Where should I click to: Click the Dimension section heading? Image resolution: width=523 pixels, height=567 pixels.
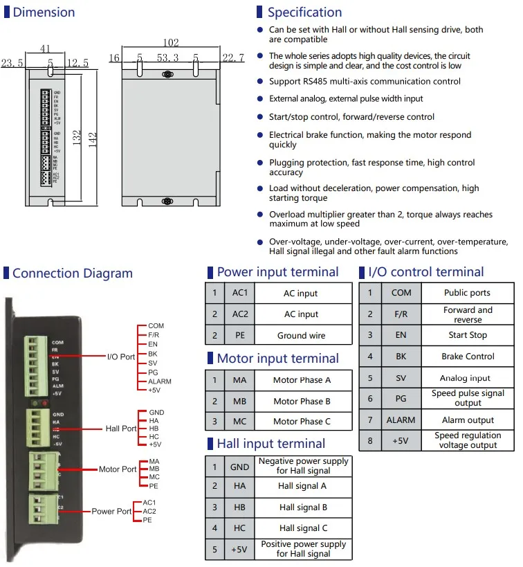pos(44,12)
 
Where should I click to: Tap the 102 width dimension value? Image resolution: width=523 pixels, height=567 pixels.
pos(171,43)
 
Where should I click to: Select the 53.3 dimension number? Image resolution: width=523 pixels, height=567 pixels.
pos(167,58)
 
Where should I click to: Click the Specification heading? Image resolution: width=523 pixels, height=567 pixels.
pos(304,12)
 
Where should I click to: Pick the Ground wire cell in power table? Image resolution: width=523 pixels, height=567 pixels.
pos(301,336)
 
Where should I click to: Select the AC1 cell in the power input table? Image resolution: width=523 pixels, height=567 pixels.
pos(240,293)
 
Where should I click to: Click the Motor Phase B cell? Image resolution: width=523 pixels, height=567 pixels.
pos(302,401)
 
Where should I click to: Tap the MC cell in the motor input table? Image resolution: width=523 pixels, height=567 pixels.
pos(240,421)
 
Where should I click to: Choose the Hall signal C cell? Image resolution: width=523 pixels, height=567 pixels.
pos(303,528)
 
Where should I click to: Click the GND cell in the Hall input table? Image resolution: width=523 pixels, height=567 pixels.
pos(240,467)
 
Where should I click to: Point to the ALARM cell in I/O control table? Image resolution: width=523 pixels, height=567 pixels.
pos(401,420)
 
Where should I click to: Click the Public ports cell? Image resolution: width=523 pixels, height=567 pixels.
pos(467,293)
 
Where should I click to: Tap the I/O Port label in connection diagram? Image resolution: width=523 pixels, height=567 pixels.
pos(121,357)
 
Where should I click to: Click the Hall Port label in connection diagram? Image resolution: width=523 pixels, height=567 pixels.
pos(121,429)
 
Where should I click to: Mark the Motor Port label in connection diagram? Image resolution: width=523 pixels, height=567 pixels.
pos(118,469)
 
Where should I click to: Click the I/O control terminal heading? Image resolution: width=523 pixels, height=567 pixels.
pos(426,272)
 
